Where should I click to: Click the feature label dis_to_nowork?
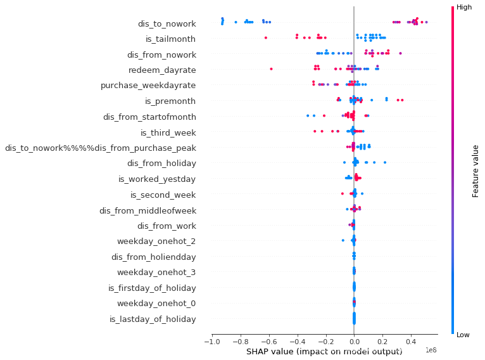coord(167,24)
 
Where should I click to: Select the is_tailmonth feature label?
coord(170,39)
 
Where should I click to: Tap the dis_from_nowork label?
coord(161,55)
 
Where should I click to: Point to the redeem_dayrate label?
coord(162,70)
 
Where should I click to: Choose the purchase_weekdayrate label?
coord(148,86)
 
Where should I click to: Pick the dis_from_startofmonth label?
coord(149,117)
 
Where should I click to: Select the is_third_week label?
coord(168,132)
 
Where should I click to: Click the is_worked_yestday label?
coord(157,179)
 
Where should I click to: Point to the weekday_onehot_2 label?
coord(156,241)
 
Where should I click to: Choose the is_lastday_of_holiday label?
coord(153,319)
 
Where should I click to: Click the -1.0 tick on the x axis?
coord(211,342)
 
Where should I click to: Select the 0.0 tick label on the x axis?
coord(354,342)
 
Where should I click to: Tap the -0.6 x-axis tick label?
coord(268,342)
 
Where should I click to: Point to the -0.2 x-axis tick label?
coord(325,342)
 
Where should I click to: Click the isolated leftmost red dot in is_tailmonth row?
coord(266,38)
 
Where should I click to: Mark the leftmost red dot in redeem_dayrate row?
coord(271,68)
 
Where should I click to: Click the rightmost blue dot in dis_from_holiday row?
coord(385,163)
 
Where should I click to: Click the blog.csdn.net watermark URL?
coord(393,348)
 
